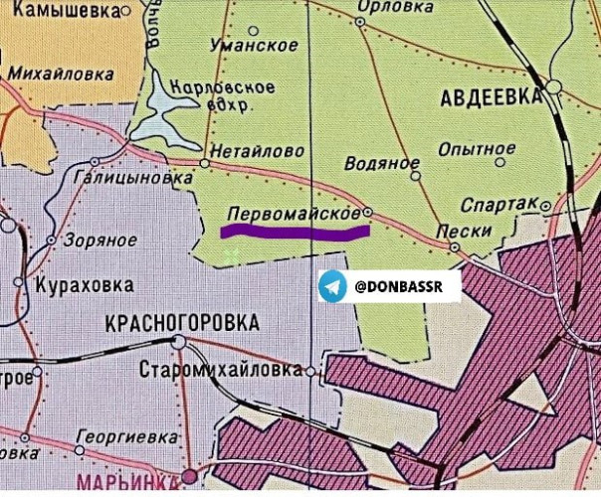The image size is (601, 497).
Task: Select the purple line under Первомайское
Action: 294,233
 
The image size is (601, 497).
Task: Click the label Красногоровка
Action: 182,323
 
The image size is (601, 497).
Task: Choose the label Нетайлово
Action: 254,153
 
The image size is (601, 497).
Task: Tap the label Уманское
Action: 256,46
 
